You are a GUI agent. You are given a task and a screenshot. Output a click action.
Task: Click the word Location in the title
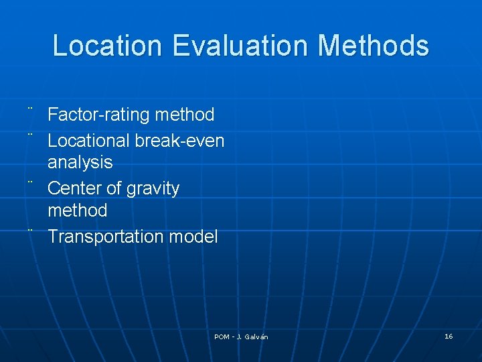point(107,46)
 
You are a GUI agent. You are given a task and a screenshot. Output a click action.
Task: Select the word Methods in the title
point(373,46)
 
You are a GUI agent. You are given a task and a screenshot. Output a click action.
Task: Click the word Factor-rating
point(98,115)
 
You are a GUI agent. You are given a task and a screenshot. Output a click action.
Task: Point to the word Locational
point(88,141)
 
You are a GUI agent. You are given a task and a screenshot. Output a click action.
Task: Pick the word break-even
point(179,141)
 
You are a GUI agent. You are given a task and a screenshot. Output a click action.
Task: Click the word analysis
point(80,162)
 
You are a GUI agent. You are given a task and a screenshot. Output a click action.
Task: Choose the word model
point(193,237)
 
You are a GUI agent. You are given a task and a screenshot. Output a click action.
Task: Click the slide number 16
point(449,336)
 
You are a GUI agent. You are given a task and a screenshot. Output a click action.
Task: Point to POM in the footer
point(222,337)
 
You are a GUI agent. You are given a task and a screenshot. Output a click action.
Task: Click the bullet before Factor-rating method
point(31,109)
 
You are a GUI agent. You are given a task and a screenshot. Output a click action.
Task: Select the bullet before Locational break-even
point(31,134)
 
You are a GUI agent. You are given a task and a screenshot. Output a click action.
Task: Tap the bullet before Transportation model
point(31,230)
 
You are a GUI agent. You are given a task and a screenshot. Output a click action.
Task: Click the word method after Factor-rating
point(184,115)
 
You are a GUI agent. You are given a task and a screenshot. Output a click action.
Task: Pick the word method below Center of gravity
point(77,210)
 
